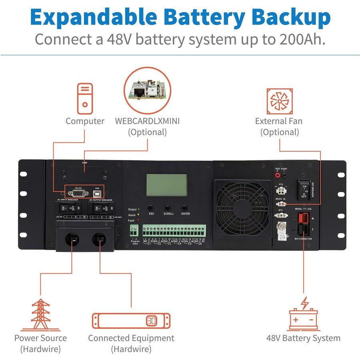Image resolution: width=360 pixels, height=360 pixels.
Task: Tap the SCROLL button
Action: point(168,208)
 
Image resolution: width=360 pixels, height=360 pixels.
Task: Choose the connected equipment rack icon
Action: point(131,321)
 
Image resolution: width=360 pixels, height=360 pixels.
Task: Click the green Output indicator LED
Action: point(139,209)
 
